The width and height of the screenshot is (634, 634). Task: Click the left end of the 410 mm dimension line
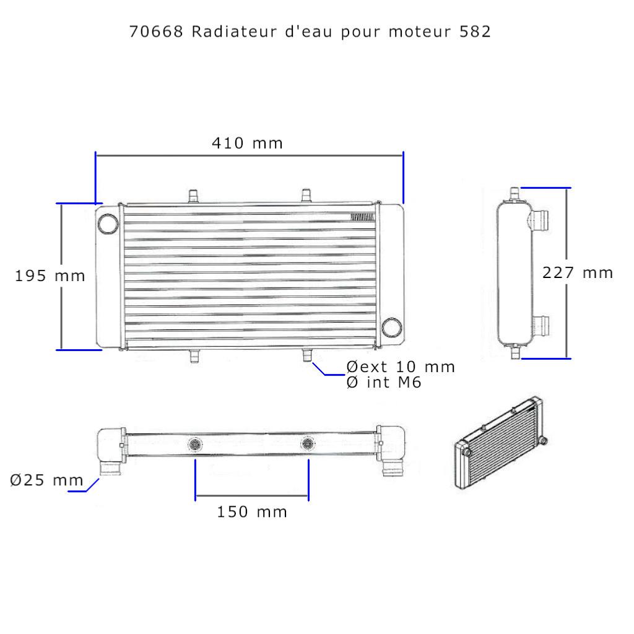click(96, 155)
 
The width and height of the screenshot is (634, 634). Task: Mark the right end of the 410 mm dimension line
click(403, 155)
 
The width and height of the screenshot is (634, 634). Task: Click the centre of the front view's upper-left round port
click(108, 223)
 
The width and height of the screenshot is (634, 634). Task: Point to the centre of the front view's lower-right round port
click(392, 327)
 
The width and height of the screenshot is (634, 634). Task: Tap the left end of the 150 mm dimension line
click(196, 496)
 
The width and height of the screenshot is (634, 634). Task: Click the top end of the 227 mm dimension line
click(567, 188)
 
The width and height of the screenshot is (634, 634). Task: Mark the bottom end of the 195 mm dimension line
click(61, 349)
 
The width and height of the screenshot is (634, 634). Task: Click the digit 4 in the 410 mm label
click(216, 143)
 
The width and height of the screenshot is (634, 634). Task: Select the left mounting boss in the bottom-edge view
click(195, 445)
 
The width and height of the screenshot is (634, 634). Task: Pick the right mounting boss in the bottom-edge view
click(308, 444)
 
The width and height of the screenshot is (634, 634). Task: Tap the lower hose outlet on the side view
click(541, 326)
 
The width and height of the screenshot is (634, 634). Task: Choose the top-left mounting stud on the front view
click(194, 196)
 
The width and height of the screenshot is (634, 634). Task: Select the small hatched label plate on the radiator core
click(362, 217)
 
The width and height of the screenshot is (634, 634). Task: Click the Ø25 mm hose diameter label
click(46, 480)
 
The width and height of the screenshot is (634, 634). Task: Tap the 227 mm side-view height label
click(578, 272)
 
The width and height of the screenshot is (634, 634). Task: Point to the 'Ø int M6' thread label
click(384, 382)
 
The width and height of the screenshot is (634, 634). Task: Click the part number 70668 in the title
click(156, 32)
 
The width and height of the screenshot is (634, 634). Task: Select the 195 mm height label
click(50, 276)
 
